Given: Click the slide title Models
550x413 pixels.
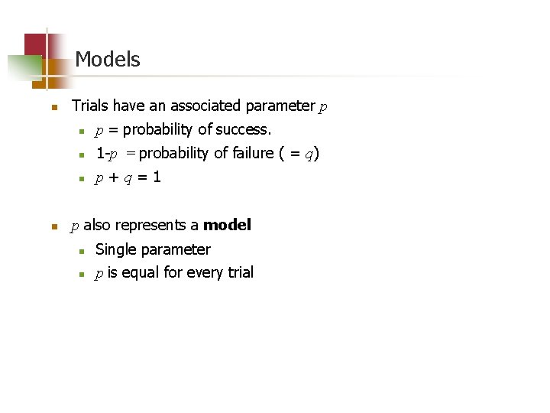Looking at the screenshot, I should [108, 60].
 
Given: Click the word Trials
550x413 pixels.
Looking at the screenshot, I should [89, 106].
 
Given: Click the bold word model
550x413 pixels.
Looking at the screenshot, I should [227, 226].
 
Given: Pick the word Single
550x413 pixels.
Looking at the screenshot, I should [115, 249].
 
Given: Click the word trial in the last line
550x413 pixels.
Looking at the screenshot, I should [239, 273].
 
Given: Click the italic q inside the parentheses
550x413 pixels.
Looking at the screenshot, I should [308, 154].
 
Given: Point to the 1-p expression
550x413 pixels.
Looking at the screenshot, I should [106, 154].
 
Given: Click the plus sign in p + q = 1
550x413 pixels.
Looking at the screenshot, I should [114, 178].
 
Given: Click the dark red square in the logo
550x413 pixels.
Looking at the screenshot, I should [34, 44].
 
